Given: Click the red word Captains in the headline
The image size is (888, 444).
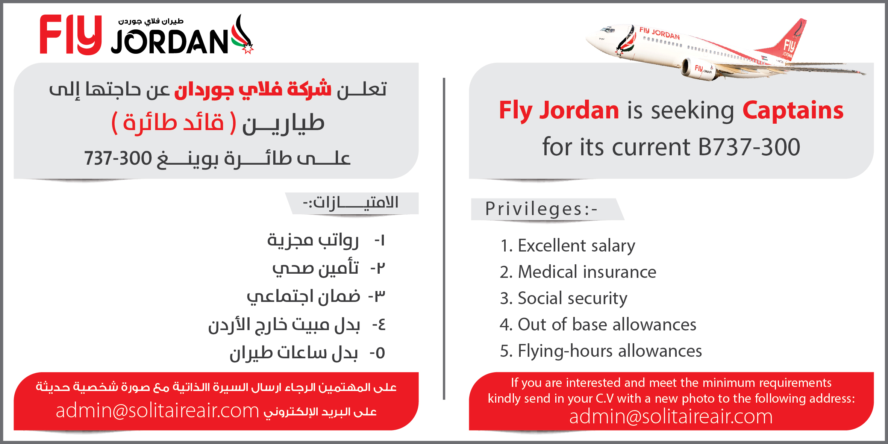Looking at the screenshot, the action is click(x=793, y=110).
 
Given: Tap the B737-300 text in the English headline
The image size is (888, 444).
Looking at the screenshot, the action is click(x=749, y=147).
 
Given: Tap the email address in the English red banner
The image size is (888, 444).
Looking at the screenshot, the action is click(x=671, y=417).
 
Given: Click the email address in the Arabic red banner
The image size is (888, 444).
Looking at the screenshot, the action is click(x=158, y=411).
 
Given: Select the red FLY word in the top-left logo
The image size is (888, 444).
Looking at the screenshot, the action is click(x=71, y=35).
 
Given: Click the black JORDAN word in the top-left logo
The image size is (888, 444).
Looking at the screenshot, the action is click(x=170, y=41).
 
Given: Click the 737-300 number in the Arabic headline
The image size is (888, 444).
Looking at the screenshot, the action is click(x=118, y=158).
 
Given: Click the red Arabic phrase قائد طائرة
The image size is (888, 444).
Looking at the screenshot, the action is click(x=174, y=123).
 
